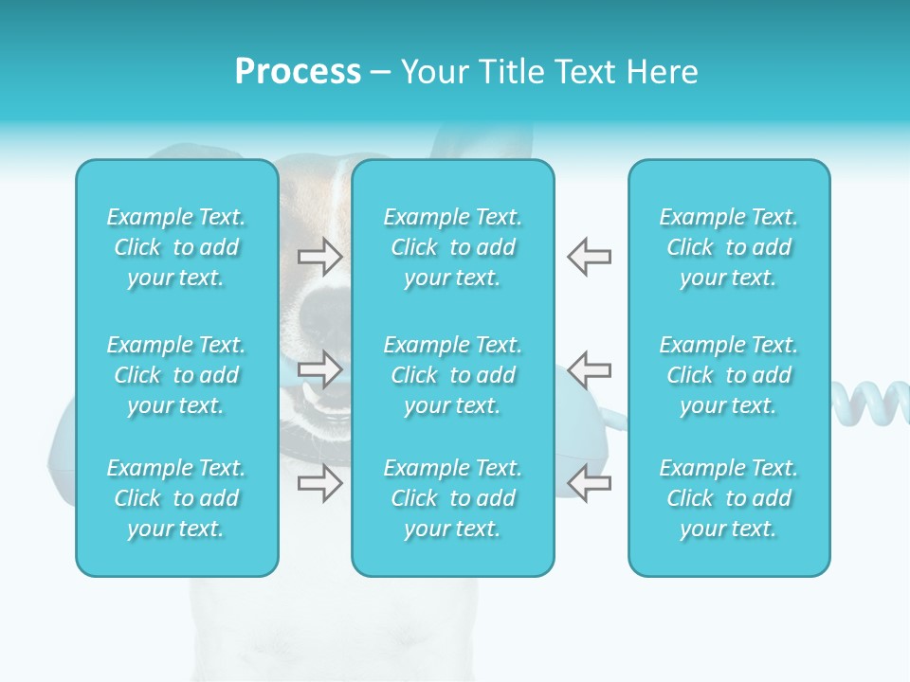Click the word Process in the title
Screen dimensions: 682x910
tap(298, 72)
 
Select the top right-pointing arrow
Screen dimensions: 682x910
tap(320, 257)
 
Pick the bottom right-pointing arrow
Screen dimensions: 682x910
tap(320, 483)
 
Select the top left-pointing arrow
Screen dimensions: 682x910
tap(589, 257)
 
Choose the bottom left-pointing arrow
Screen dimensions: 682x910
tap(589, 483)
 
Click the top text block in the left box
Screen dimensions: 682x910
tap(176, 247)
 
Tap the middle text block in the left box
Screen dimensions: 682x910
tap(176, 375)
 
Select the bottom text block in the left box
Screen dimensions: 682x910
tap(176, 498)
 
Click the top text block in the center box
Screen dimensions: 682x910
tap(453, 247)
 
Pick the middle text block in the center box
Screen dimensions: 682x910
tap(453, 375)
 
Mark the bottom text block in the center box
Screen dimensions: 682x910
tap(453, 498)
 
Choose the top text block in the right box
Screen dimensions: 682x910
tap(729, 247)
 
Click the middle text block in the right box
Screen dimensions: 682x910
tap(729, 375)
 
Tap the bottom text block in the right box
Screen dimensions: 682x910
tap(729, 498)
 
